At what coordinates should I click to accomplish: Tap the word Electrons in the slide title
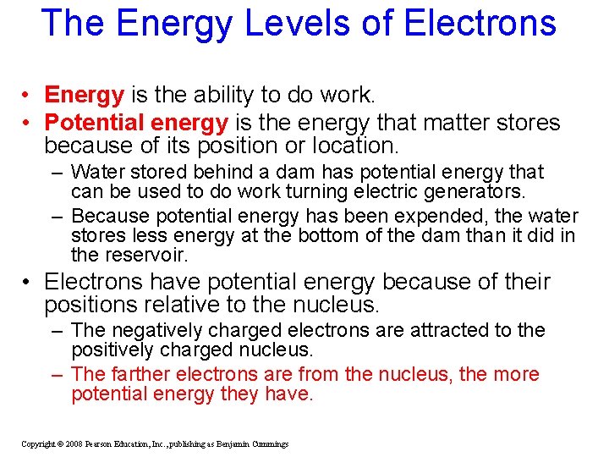[x=480, y=23]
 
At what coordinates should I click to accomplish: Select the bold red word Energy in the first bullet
[x=85, y=94]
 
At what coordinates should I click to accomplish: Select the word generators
[x=475, y=191]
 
